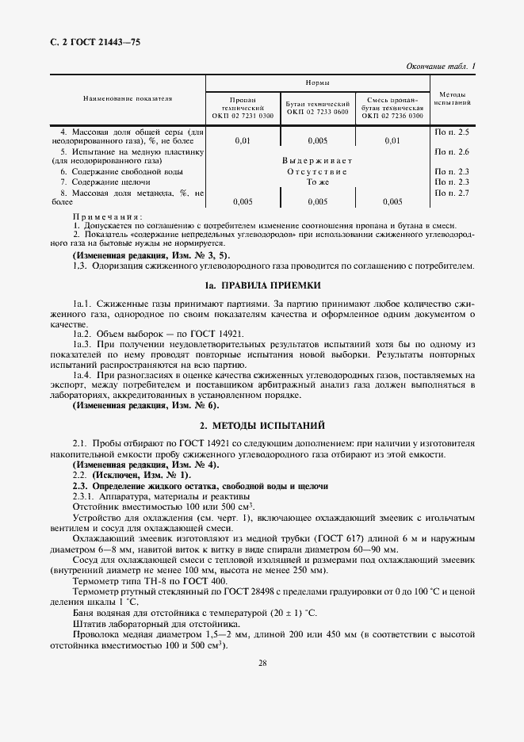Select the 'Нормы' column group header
tap(318, 82)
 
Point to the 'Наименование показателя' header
tap(128, 98)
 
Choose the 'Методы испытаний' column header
tap(453, 98)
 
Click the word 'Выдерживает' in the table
tap(317, 161)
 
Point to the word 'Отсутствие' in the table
tap(317, 171)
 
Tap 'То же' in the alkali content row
tap(317, 182)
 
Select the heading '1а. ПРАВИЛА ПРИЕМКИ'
tap(262, 285)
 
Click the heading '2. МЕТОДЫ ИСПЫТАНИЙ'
tap(262, 425)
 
